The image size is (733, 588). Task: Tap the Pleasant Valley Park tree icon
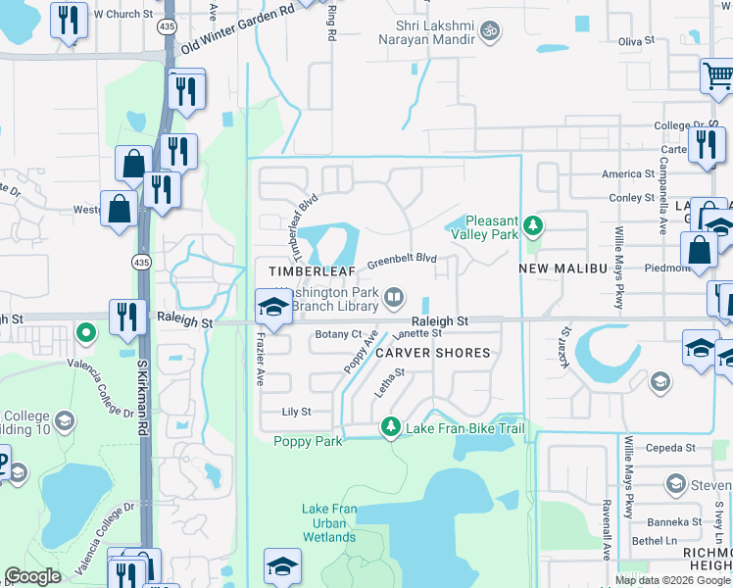[533, 226]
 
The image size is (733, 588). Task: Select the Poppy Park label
[308, 441]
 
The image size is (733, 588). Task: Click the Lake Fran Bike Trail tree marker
[391, 427]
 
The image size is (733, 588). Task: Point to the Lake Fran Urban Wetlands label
[329, 523]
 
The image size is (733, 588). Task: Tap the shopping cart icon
[717, 76]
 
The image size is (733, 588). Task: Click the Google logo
[32, 576]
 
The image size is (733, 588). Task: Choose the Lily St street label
[296, 413]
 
